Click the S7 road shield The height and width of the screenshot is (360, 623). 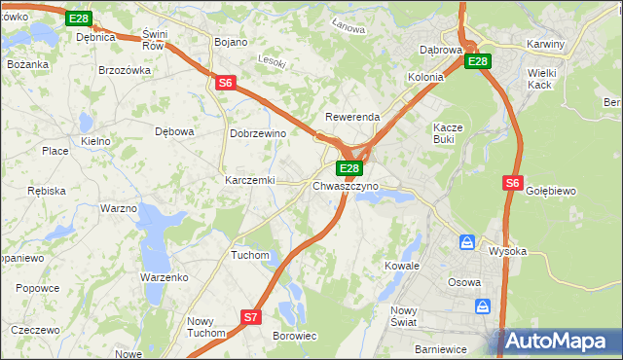pos(251,317)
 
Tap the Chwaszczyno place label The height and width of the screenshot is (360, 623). pos(346,185)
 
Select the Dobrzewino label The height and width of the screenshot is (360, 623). pos(257,134)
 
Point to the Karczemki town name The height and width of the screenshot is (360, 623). pos(251,181)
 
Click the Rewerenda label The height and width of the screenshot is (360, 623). pos(352,117)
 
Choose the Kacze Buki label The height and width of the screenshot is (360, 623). pos(450,134)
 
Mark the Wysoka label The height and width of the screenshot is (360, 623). pos(507,251)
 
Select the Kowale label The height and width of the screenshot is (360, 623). pos(401,266)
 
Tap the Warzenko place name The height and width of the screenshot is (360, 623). pos(164,277)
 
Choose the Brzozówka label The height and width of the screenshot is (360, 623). pos(126,70)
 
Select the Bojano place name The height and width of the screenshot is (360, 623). pos(231,43)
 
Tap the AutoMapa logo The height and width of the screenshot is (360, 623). pos(558,342)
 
